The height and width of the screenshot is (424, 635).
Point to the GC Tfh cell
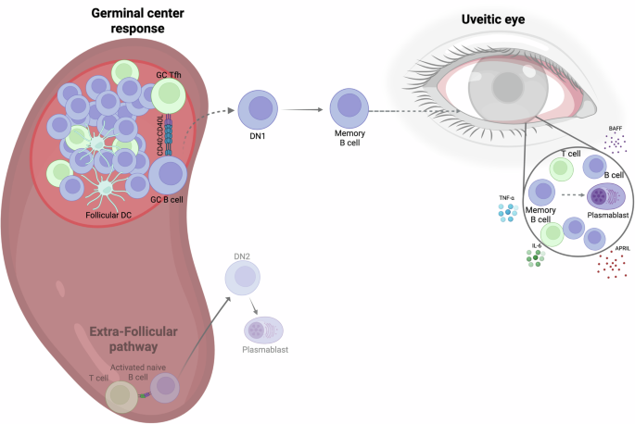pos(169,94)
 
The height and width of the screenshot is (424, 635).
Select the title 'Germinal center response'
pos(128,20)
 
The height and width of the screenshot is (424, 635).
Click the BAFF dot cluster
pos(614,143)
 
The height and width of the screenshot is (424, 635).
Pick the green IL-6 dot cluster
pos(536,256)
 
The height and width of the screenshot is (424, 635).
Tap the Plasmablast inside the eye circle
pos(608,197)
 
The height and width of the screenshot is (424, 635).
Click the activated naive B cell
pos(165,389)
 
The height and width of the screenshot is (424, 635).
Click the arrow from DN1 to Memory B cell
pos(303,110)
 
